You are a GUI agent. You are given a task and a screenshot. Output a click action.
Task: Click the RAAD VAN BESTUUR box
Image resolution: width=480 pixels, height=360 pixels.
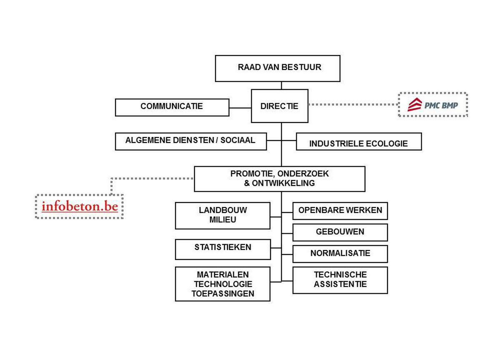pos(277,68)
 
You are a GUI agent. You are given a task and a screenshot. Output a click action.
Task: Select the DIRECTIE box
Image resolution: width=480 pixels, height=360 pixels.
pos(280,106)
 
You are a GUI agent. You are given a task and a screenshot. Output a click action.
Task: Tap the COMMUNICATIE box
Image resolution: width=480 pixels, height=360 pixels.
pos(172,107)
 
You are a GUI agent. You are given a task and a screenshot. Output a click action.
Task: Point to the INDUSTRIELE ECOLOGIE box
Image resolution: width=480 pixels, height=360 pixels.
pos(359,141)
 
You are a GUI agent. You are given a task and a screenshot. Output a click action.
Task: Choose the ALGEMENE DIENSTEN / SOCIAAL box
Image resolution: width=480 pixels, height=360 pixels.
pos(191,141)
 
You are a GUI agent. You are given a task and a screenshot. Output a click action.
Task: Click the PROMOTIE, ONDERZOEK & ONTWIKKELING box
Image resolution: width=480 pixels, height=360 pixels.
pos(280,179)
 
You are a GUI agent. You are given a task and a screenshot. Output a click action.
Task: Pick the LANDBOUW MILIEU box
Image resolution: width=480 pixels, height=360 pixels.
pos(222,215)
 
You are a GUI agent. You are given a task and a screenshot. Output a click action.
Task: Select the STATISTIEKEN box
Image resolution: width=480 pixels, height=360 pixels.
pos(223,250)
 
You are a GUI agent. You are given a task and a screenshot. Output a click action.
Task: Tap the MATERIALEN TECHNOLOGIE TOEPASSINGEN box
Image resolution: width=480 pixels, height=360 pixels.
pos(222,284)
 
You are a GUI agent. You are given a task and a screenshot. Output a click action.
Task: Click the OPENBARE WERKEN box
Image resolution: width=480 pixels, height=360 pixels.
pos(340,211)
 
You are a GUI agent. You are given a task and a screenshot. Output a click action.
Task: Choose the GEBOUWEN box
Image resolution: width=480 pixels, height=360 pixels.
pos(340,232)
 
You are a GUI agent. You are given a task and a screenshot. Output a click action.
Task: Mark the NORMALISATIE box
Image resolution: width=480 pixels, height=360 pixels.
pos(340,254)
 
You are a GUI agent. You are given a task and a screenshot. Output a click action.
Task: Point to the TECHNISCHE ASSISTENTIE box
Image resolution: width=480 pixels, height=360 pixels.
pos(340,280)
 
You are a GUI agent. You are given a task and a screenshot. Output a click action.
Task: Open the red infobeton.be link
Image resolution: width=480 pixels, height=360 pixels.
pos(80,206)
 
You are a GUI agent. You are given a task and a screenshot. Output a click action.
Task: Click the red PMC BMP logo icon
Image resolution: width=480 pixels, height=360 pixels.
pos(415,105)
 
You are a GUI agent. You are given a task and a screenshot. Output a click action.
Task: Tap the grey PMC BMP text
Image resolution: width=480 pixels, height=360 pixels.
pos(441,105)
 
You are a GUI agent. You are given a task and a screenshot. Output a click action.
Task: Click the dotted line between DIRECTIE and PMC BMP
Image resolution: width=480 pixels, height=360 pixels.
pos(353,105)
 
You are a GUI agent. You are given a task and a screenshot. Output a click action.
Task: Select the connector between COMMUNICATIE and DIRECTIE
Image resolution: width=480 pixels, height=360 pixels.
pos(240,108)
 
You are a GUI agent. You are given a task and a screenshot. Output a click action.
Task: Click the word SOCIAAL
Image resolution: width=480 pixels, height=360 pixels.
pos(238,140)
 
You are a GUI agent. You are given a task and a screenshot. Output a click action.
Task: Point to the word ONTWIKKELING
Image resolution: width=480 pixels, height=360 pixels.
pos(283,183)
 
